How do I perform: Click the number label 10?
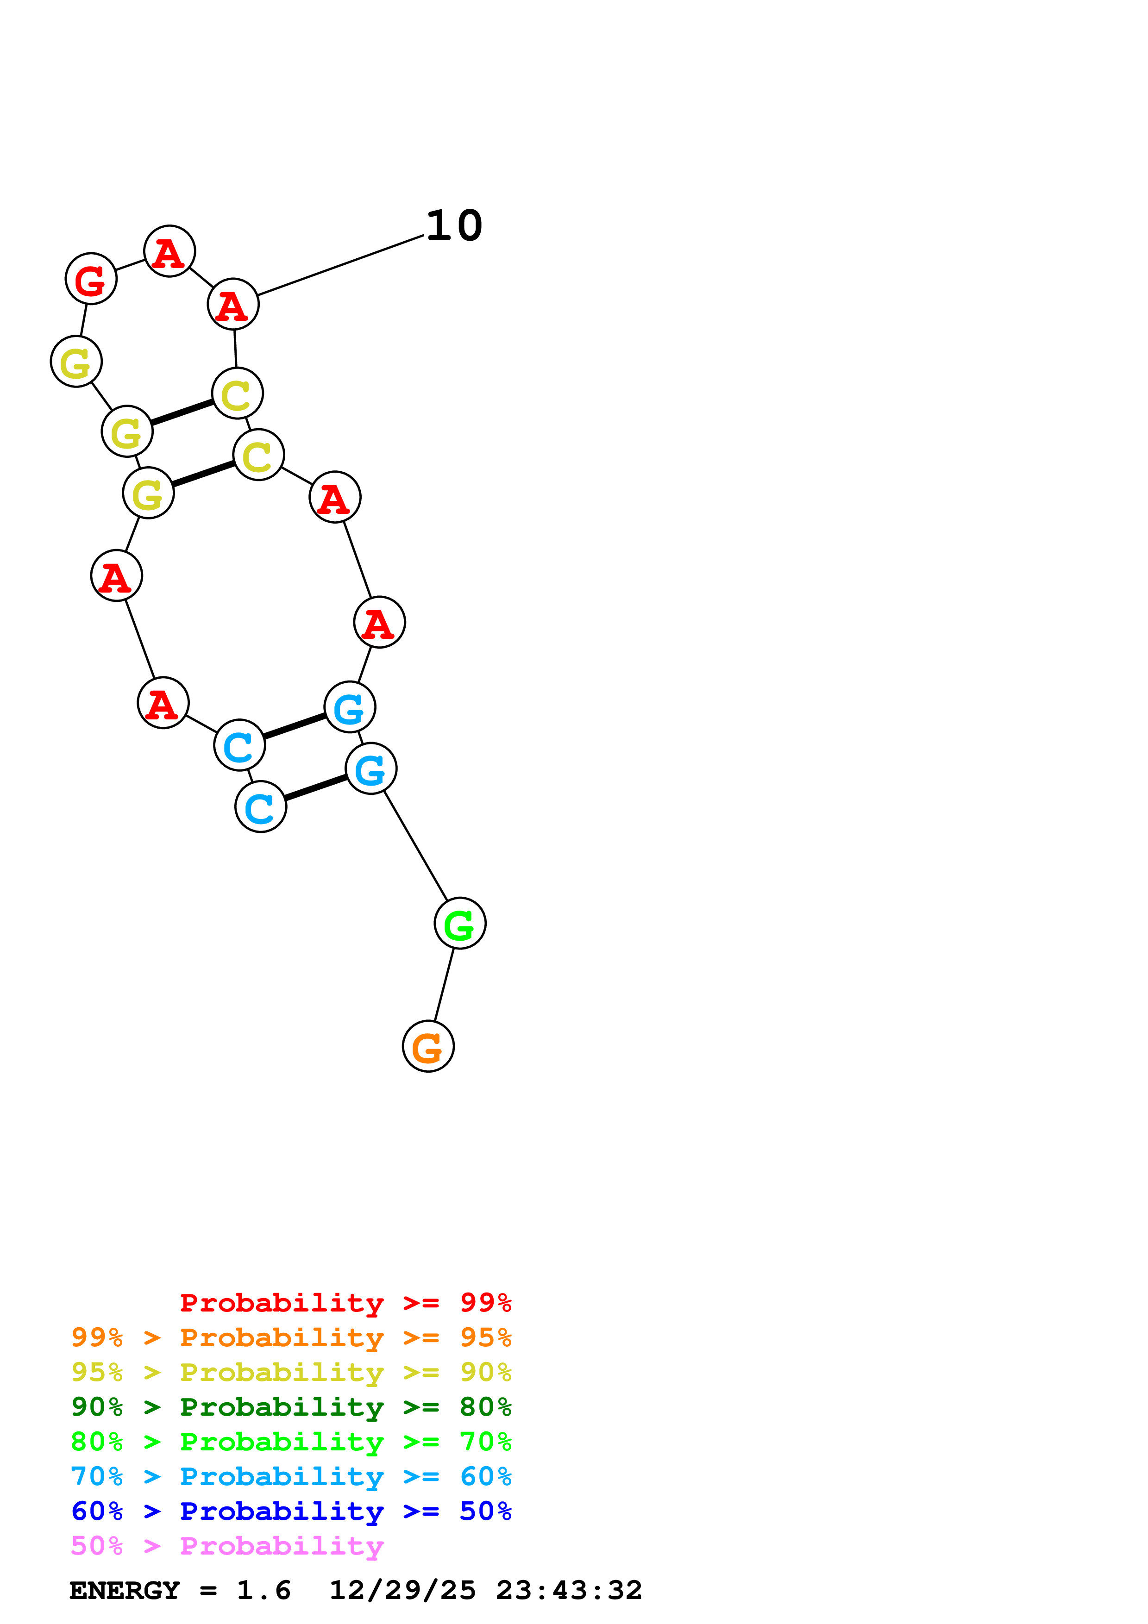454,226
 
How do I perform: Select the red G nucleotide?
91,280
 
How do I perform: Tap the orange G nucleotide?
428,1047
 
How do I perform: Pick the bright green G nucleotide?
460,924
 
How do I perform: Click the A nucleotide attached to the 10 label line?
233,305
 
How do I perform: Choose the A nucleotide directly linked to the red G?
169,252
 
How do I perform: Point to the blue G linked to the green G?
370,769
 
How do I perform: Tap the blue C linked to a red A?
239,745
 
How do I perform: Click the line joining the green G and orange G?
444,985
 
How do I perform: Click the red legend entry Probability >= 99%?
345,1303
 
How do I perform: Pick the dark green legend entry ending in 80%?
291,1407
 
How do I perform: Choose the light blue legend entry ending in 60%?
291,1476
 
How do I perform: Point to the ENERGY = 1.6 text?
180,1590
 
